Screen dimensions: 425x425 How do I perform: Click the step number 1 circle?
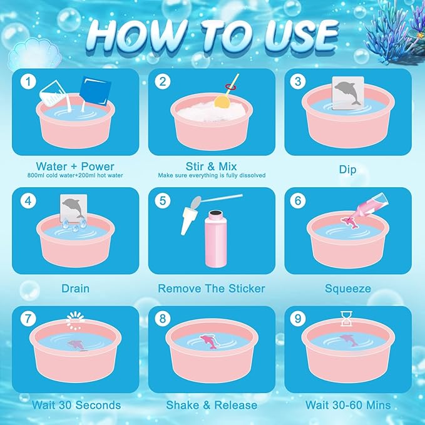click(x=26, y=82)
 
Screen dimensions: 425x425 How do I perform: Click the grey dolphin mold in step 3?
click(x=347, y=96)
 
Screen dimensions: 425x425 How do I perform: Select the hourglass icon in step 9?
click(x=346, y=321)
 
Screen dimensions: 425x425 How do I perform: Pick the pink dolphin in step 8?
click(x=212, y=341)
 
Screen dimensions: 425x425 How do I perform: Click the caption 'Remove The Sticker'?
click(x=211, y=289)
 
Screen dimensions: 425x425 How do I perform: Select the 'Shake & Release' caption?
click(x=211, y=405)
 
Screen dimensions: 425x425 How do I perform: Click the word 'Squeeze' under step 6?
click(x=347, y=289)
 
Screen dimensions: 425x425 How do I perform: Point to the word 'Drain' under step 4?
click(x=75, y=289)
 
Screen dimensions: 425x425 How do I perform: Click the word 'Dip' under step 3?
click(x=347, y=170)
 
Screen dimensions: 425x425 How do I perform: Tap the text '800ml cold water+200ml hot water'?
click(x=75, y=176)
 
